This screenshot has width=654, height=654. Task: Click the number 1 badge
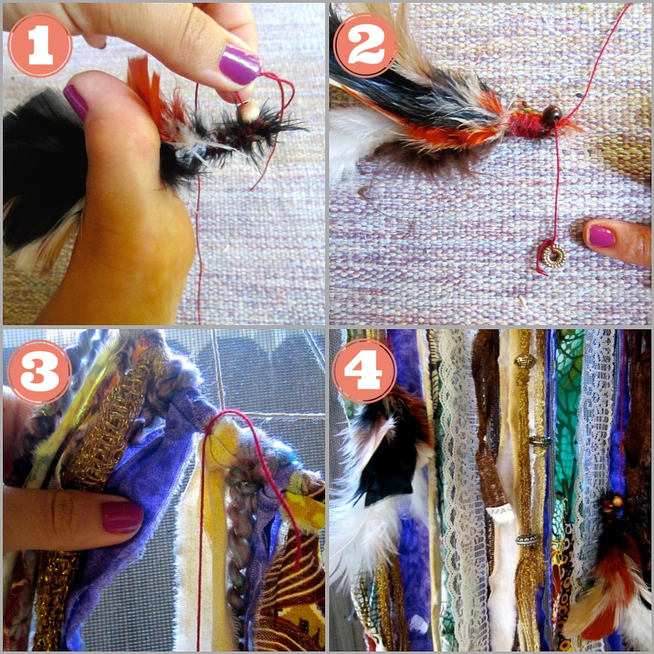pos(40,45)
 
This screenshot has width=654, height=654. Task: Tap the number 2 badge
pos(366,45)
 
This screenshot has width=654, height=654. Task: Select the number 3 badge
pos(39,371)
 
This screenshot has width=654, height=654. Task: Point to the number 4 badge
pos(364,371)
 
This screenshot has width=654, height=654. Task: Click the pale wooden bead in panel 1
pos(249,112)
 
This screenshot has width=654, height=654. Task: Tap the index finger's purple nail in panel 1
pos(239,65)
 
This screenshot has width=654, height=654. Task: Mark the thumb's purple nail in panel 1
pos(75,102)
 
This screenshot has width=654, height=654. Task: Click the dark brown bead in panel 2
pos(551,114)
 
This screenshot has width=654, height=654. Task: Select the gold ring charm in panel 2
pos(553,255)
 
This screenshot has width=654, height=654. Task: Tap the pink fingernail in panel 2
pos(600,235)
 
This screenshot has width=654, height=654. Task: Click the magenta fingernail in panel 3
pos(122,517)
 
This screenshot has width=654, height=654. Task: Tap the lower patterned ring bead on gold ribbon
pos(528,540)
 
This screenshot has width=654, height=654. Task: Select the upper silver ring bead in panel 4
pos(540,440)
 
